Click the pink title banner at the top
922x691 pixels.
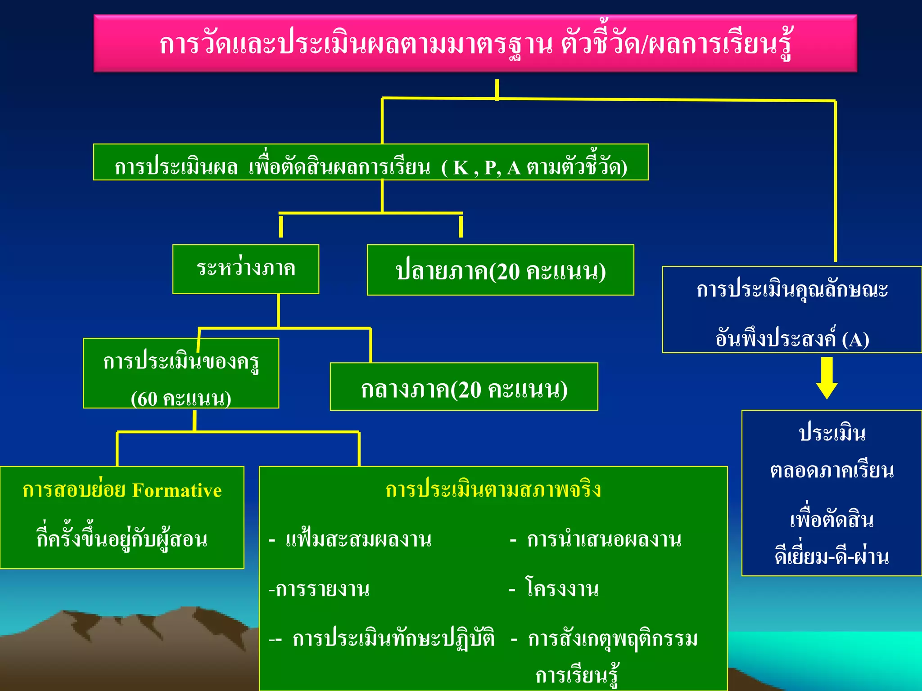coord(475,44)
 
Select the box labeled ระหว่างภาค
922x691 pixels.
coord(246,269)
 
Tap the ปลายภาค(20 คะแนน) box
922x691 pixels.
coord(500,271)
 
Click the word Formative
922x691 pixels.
coord(177,490)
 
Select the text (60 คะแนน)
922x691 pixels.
coord(181,398)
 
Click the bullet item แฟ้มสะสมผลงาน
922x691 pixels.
coord(358,539)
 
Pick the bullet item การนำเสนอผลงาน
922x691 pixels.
coord(604,539)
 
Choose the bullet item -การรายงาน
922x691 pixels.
coord(319,588)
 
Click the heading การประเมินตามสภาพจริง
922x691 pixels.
coord(493,489)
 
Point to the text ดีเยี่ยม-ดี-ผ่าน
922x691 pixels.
coord(832,557)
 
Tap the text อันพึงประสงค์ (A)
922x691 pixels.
coord(792,338)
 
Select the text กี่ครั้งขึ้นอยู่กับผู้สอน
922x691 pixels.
coord(122,539)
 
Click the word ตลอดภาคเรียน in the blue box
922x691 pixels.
coord(832,471)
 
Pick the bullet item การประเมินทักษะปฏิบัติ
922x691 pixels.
coord(393,638)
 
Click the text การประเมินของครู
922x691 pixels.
coord(181,361)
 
